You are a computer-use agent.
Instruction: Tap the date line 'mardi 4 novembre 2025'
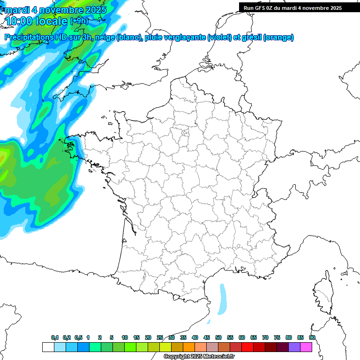pos(55,9)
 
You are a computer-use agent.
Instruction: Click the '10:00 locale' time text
pos(36,21)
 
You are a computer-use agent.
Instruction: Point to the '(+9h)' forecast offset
pos(78,21)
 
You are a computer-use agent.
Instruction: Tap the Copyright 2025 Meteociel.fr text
pos(198,357)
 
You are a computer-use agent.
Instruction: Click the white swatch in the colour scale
pos(48,347)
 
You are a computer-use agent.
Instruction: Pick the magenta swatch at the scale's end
pos(306,347)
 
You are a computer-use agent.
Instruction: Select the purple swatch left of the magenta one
pos(294,347)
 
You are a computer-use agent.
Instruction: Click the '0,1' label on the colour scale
pos(54,338)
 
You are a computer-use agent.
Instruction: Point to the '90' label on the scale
pos(312,338)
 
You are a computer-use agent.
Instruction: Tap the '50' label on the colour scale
pos(218,338)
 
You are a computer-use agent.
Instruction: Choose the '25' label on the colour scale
pos(160,338)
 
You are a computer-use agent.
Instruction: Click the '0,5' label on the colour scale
pos(78,338)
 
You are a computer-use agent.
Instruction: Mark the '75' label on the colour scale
pos(277,338)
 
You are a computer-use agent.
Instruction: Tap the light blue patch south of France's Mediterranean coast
pos(223,298)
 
